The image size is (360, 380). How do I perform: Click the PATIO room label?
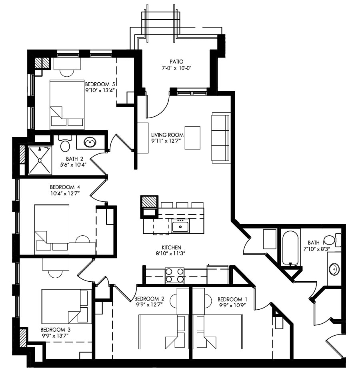pyautogui.click(x=176, y=62)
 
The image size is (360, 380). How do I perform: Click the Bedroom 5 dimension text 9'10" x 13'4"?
pyautogui.click(x=100, y=91)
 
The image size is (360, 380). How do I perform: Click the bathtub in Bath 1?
pyautogui.click(x=291, y=247)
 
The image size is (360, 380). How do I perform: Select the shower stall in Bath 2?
pyautogui.click(x=40, y=160)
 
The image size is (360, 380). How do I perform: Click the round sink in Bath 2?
pyautogui.click(x=90, y=142)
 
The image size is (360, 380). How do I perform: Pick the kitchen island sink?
pyautogui.click(x=180, y=226)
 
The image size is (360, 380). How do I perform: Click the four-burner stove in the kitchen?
pyautogui.click(x=174, y=275)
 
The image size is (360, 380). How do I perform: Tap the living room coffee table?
pyautogui.click(x=192, y=138)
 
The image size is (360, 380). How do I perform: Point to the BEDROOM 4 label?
pyautogui.click(x=65, y=187)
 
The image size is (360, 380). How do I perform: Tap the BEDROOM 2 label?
pyautogui.click(x=150, y=299)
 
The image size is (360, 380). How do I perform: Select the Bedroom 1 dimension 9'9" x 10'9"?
pyautogui.click(x=232, y=306)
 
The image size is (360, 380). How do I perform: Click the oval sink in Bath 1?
pyautogui.click(x=334, y=269)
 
